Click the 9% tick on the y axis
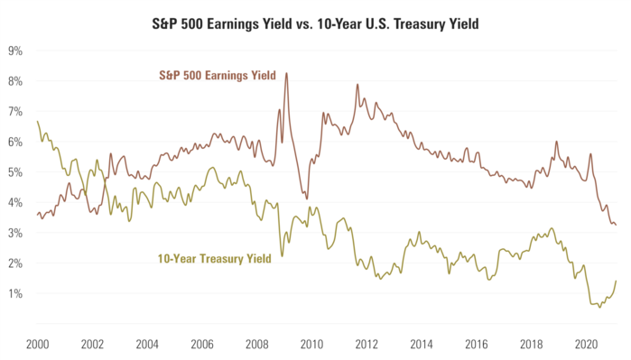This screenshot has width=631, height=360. point(15,51)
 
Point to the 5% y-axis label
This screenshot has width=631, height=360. point(15,172)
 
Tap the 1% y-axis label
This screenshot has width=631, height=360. point(15,294)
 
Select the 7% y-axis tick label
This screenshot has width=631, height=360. point(15,111)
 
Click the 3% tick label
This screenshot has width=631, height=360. point(15,233)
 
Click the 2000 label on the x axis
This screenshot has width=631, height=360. point(37,344)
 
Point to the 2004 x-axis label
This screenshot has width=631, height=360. point(148,344)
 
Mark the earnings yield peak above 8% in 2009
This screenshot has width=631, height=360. point(287,74)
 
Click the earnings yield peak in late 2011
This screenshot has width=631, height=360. point(357,85)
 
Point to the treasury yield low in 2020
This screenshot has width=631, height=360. point(599,307)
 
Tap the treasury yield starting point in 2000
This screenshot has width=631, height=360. point(37,121)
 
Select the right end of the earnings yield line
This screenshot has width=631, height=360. point(617,225)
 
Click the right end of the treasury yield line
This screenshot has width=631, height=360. point(617,281)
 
